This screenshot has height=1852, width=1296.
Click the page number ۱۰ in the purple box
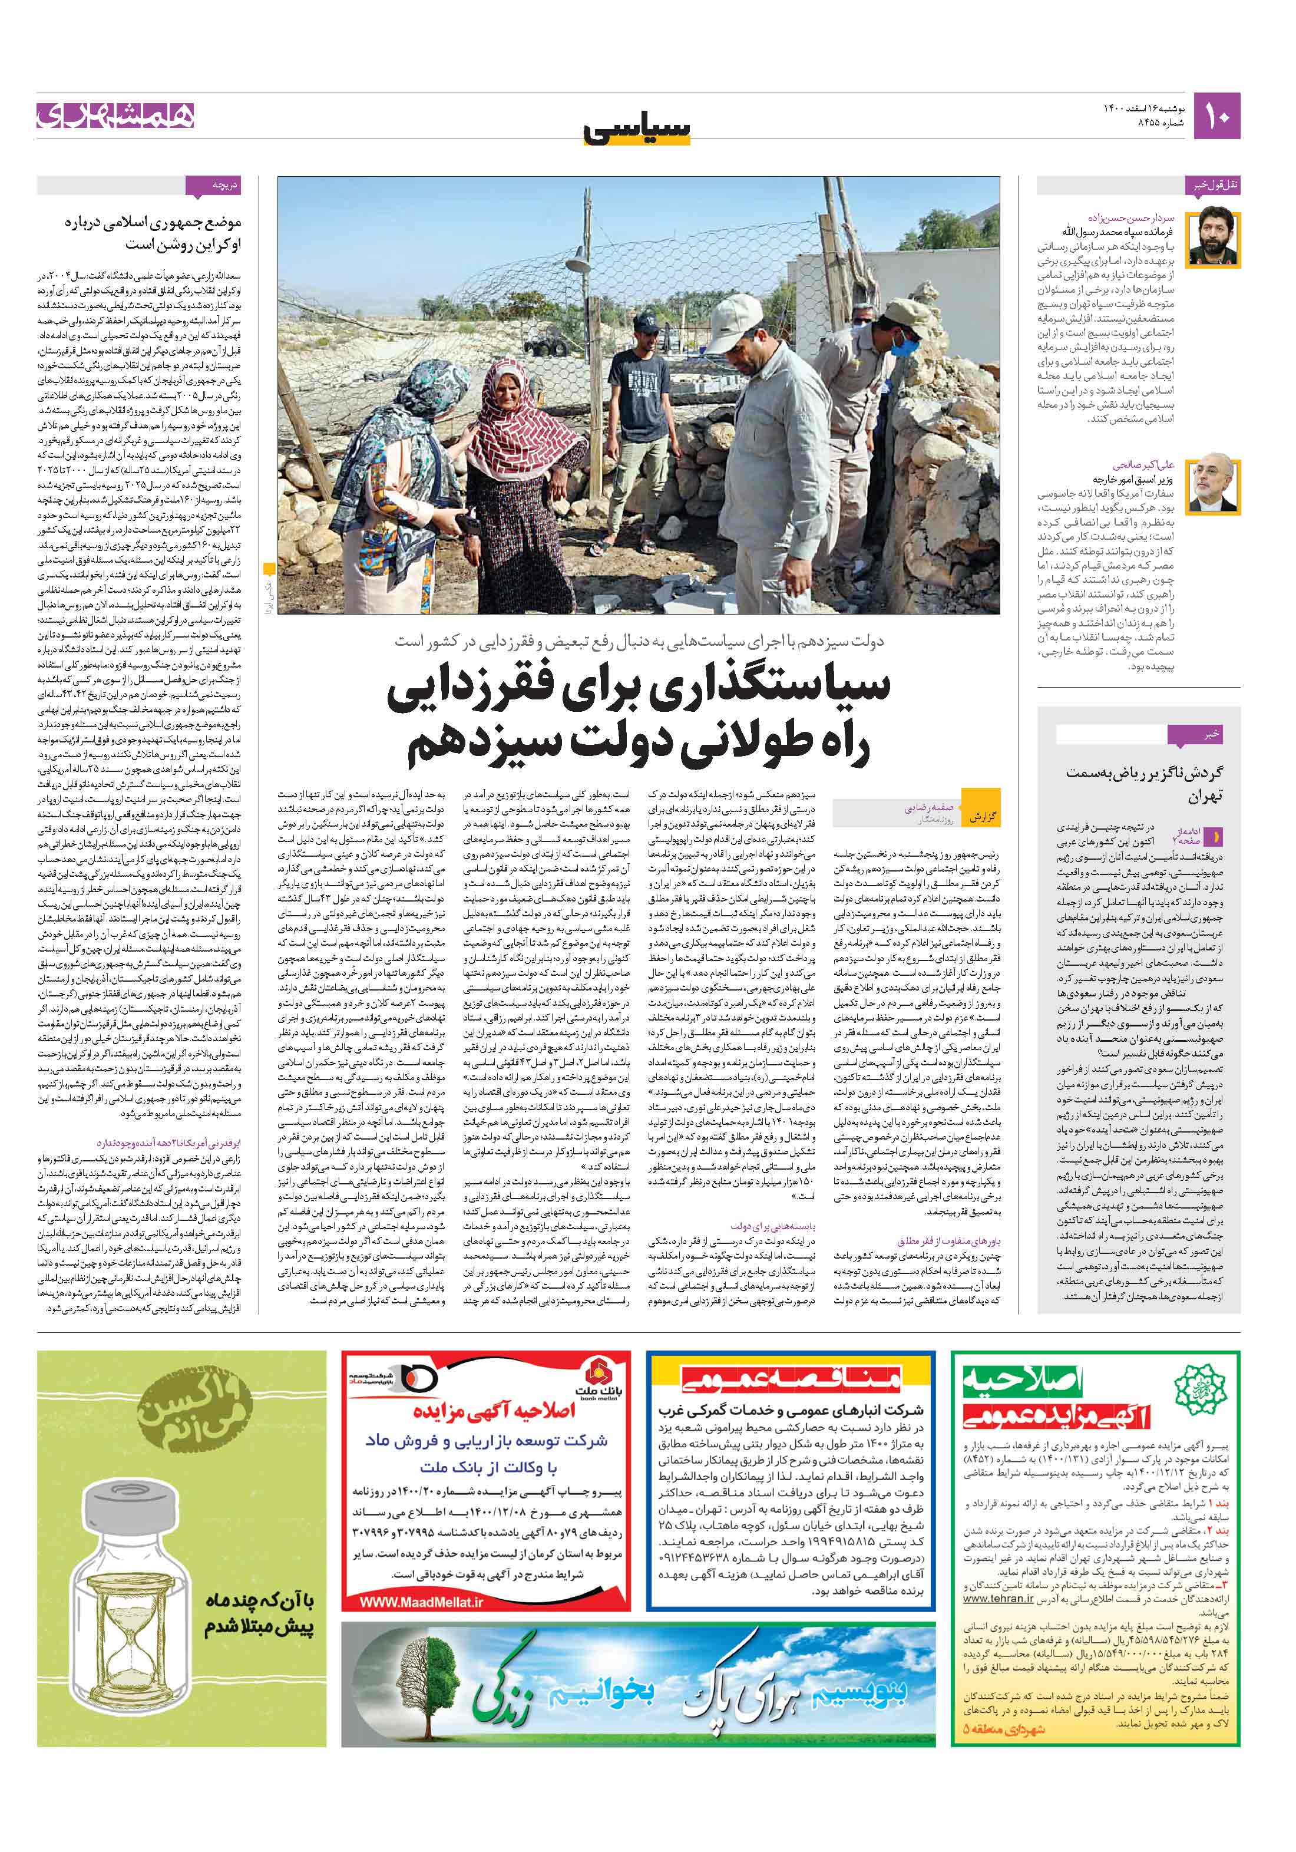tap(1216, 116)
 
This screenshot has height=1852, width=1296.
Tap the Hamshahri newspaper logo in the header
tap(115, 115)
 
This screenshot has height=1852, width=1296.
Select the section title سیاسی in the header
tap(637, 130)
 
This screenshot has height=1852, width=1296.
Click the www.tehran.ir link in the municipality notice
tap(997, 1598)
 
